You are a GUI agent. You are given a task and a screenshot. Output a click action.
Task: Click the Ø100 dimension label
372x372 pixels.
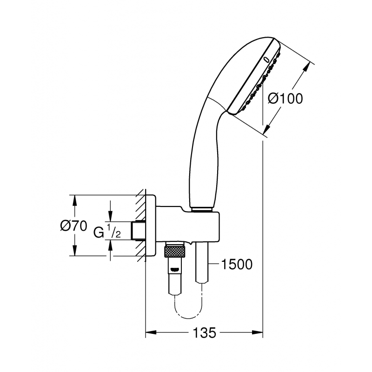[286, 99]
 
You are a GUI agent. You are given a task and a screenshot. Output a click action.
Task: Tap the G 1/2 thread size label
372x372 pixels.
[107, 231]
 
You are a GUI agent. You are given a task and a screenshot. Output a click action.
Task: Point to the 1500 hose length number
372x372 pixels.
[237, 264]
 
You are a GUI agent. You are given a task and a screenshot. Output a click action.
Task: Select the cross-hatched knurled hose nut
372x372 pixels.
[174, 252]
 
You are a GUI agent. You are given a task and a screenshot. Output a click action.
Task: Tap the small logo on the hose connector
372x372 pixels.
[174, 269]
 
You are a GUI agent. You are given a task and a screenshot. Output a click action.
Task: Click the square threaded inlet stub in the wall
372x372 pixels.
[138, 231]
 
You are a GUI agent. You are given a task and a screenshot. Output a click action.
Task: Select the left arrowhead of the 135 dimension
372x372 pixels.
[150, 333]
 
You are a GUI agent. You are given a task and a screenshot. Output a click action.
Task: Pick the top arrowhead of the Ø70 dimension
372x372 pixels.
[74, 199]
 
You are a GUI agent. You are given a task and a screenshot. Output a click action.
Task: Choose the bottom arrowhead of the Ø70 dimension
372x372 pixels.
[74, 252]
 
